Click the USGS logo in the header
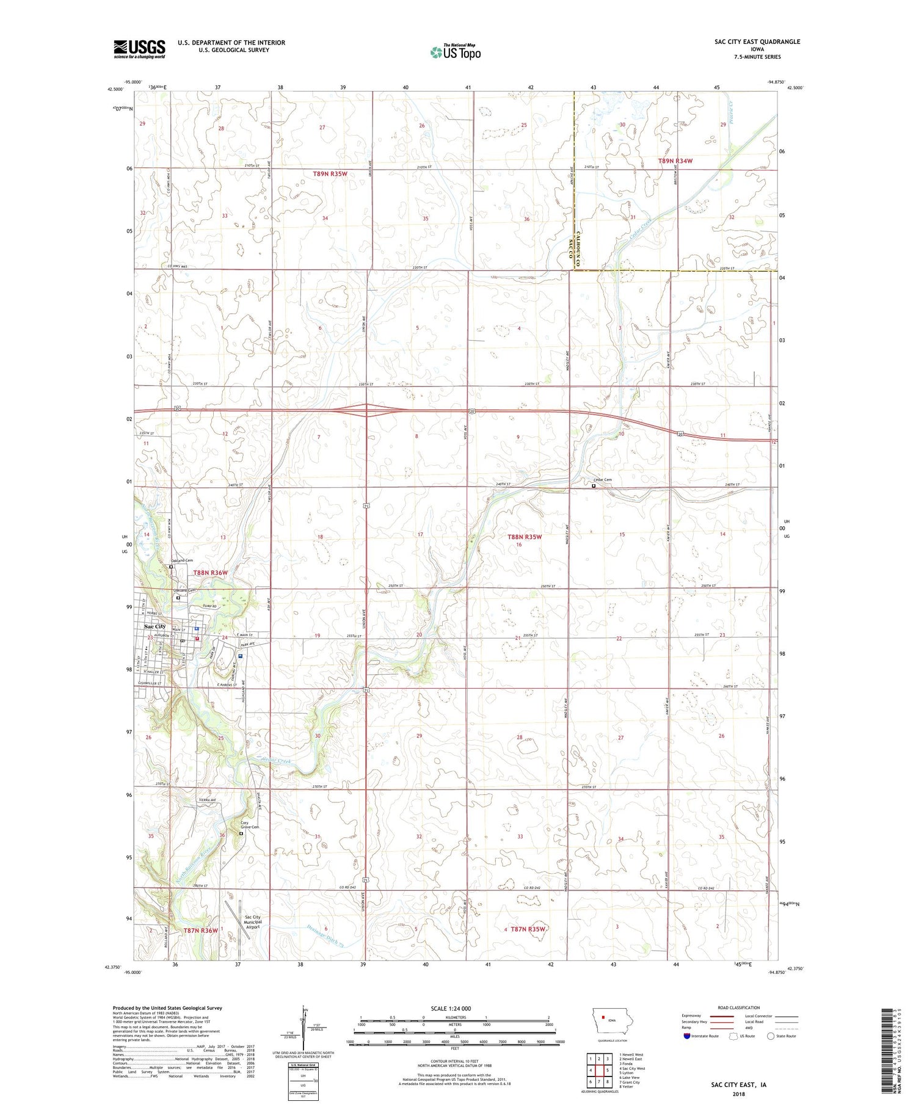(139, 49)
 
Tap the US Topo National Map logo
(455, 53)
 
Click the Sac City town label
(154, 626)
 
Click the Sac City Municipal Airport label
(252, 922)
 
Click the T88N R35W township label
(525, 537)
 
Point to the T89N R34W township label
(675, 161)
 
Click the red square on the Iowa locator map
(603, 1017)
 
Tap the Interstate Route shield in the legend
(687, 1036)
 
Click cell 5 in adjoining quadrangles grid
(608, 1070)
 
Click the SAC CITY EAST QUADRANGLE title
(757, 42)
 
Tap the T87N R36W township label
(200, 930)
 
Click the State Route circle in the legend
(771, 1036)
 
